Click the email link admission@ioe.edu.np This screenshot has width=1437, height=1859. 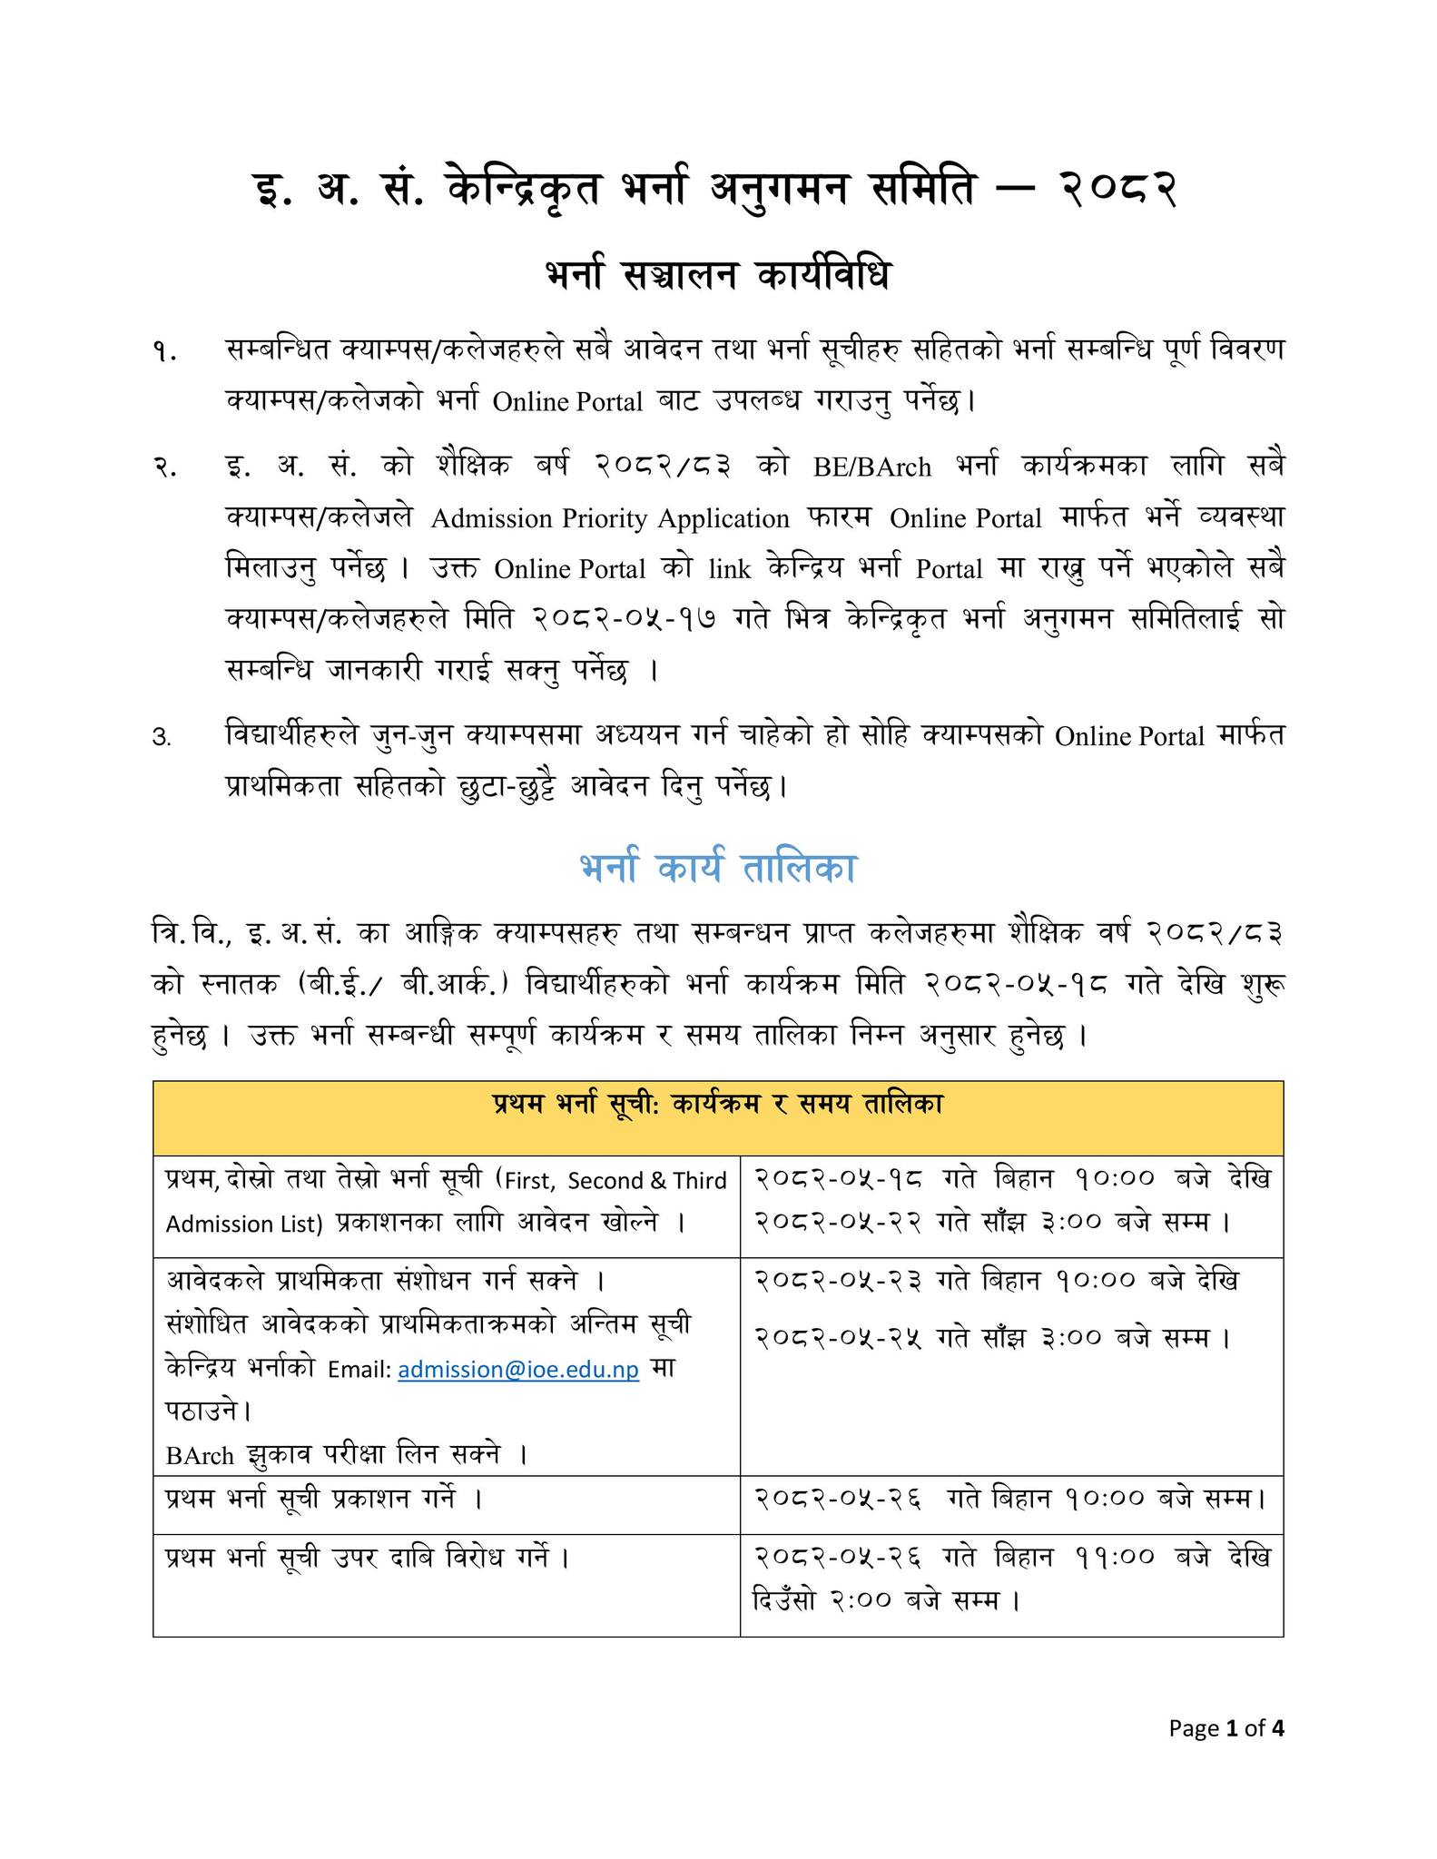pos(518,1370)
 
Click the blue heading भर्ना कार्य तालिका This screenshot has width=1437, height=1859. pos(718,869)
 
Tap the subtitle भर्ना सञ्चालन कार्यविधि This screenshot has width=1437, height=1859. pos(717,275)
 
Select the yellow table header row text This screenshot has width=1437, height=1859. pos(717,1105)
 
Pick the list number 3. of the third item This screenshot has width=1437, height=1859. pos(162,738)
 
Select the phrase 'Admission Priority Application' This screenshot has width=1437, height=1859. pos(610,519)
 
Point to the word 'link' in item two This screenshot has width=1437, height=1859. pos(730,570)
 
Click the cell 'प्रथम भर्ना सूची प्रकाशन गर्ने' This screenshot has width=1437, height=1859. pos(323,1499)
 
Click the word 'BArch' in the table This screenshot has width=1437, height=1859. pos(200,1456)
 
